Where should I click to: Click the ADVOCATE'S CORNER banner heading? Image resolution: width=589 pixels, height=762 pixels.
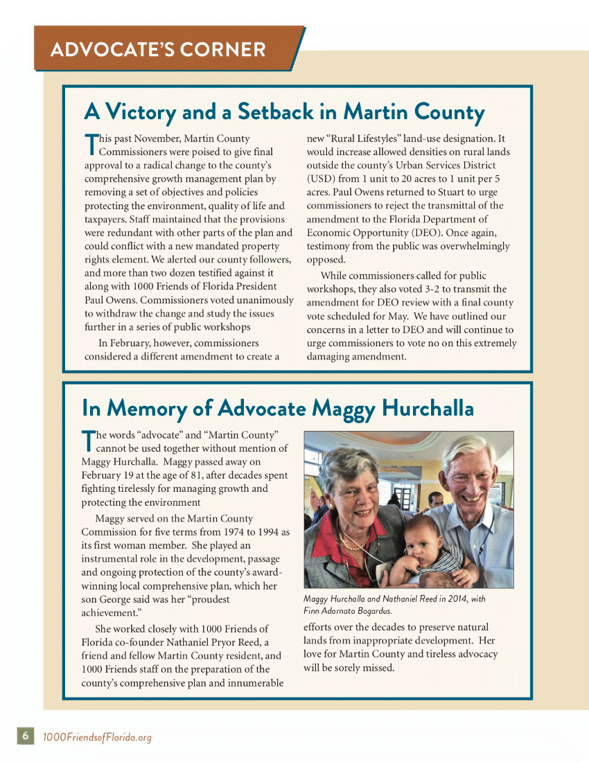pyautogui.click(x=158, y=49)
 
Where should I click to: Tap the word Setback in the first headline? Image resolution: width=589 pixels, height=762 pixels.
pyautogui.click(x=276, y=112)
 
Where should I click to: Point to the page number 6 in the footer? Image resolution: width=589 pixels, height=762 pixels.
pyautogui.click(x=24, y=736)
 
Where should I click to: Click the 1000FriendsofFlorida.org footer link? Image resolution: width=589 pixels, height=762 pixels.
pyautogui.click(x=97, y=736)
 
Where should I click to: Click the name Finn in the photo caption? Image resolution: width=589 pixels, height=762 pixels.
pyautogui.click(x=314, y=611)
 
